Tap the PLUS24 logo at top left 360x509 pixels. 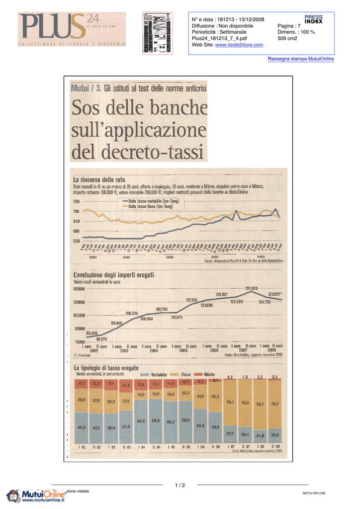click(x=72, y=29)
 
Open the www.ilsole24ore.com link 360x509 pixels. click(x=239, y=45)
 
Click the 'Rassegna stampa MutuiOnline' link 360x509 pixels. click(x=301, y=59)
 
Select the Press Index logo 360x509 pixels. click(x=313, y=20)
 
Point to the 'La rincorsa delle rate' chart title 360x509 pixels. click(x=99, y=179)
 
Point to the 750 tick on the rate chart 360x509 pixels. click(x=76, y=201)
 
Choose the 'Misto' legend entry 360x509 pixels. click(x=209, y=374)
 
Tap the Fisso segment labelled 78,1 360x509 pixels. click(x=230, y=402)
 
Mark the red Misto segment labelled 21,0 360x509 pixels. click(x=126, y=385)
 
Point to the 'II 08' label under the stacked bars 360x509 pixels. click(x=275, y=446)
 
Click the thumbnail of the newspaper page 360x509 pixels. click(x=157, y=33)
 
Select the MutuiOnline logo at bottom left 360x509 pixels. click(x=36, y=496)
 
